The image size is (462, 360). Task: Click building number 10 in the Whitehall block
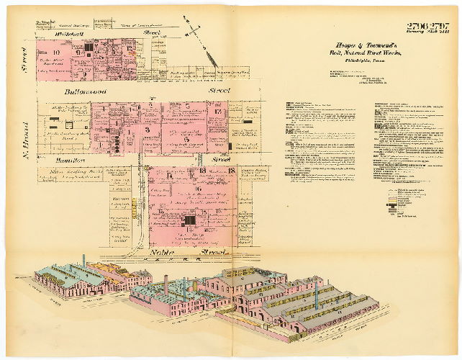[x=55, y=52]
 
